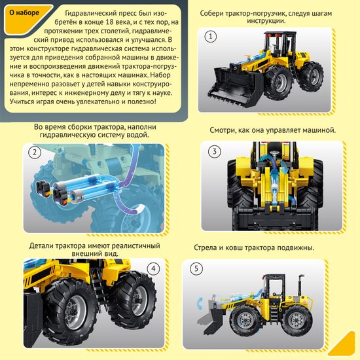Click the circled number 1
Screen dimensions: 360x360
(211, 37)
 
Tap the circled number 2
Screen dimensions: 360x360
(35, 153)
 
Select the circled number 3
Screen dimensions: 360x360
(215, 152)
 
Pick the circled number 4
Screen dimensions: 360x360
(154, 268)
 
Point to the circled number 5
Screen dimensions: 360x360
(196, 268)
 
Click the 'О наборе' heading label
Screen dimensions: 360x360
(24, 12)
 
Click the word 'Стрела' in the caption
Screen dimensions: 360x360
(206, 247)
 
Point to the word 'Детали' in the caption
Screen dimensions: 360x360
(41, 245)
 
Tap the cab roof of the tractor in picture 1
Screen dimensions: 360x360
(280, 33)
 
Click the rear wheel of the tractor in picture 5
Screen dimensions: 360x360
(297, 321)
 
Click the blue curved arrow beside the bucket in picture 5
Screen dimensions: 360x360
(199, 304)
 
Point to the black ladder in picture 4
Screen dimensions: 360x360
(98, 291)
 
